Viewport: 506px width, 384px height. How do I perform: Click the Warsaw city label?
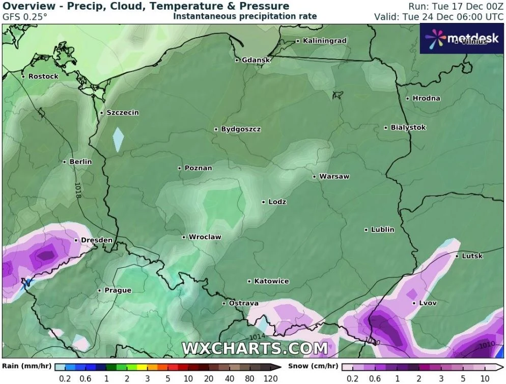coord(334,177)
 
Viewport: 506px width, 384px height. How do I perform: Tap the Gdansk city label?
coord(256,60)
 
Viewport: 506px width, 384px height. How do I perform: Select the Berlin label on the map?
coord(80,162)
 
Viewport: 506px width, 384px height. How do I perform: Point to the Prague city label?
coord(118,290)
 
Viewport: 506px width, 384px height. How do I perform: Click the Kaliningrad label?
coord(324,41)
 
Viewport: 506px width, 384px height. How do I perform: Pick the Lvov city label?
coord(428,303)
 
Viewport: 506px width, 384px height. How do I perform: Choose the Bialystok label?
coord(408,127)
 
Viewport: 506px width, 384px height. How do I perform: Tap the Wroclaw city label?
coord(205,237)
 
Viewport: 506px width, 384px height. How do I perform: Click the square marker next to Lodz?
coord(264,202)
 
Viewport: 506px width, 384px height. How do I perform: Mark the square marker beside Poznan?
coord(180,168)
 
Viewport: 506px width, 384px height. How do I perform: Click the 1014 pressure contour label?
coord(258,337)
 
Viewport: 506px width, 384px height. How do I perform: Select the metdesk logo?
coord(460,38)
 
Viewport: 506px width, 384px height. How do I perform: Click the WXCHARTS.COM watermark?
coord(255,348)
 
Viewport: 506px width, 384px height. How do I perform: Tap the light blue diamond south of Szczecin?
coord(118,140)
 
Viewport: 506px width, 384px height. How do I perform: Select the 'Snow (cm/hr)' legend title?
coord(313,366)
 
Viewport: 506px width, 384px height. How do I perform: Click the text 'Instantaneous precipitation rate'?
coord(245,16)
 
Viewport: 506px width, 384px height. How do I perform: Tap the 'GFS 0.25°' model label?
coord(25,16)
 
